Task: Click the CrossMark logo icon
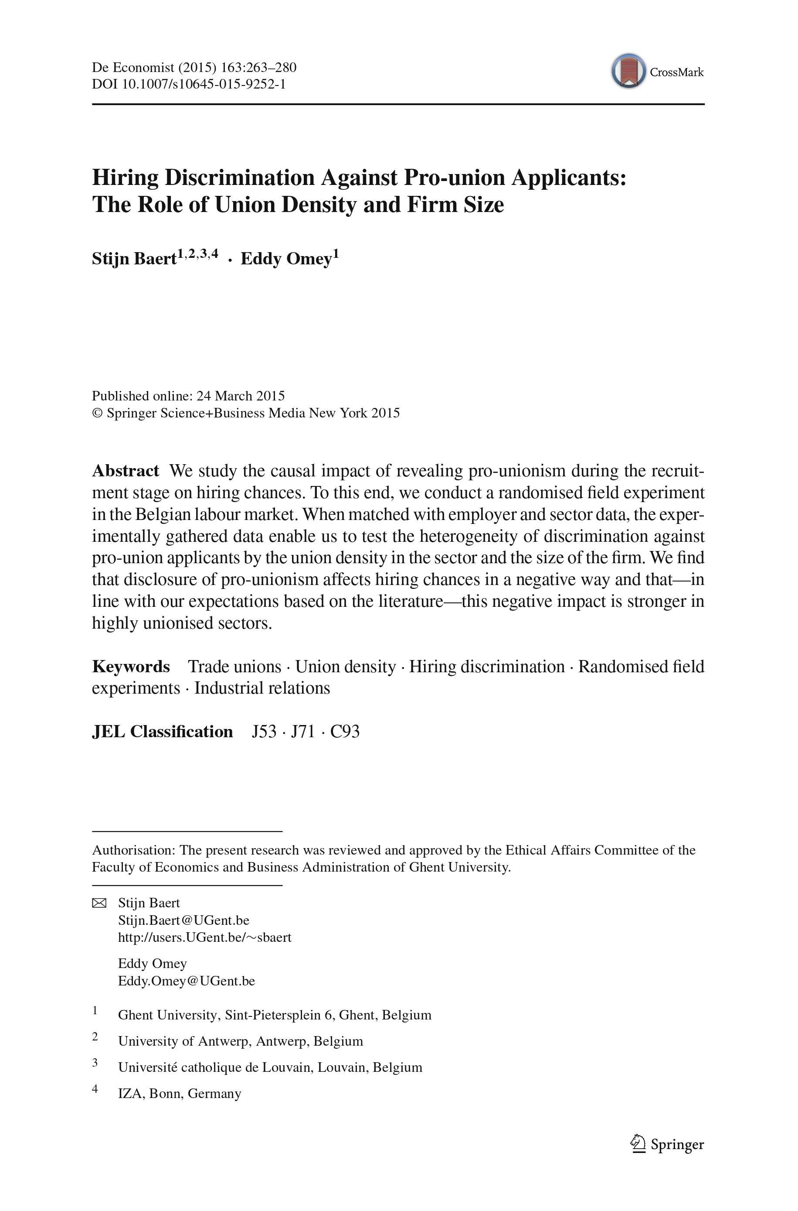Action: pos(628,71)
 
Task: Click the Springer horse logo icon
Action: pos(638,1143)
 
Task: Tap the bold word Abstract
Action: pos(126,471)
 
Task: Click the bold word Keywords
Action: pos(131,667)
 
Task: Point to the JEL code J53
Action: pos(264,732)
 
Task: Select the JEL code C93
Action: pos(345,732)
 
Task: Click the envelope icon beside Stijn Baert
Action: pos(99,903)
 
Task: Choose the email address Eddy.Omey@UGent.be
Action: pos(186,981)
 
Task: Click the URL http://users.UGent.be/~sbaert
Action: pos(204,937)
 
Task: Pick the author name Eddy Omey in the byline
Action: pos(286,259)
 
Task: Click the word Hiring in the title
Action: pos(125,178)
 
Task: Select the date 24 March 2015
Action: pos(241,396)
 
